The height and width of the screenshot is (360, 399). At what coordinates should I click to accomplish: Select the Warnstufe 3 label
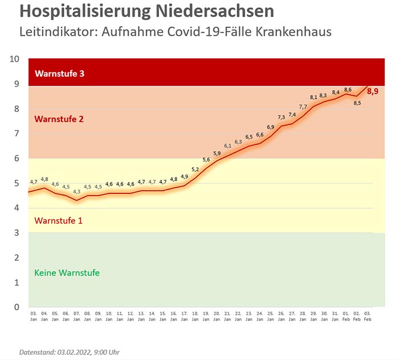tap(60, 74)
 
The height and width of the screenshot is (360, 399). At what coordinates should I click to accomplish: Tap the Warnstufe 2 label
tap(59, 119)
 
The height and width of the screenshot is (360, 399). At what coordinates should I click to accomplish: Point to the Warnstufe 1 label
tap(59, 220)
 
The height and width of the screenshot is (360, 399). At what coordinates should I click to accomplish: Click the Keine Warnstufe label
tap(67, 273)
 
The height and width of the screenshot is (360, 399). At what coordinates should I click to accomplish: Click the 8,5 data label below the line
tap(357, 103)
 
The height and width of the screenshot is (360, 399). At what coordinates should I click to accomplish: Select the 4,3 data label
tap(76, 192)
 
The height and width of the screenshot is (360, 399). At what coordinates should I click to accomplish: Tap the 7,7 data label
tap(303, 107)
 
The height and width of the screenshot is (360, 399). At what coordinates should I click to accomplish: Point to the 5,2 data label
tap(195, 169)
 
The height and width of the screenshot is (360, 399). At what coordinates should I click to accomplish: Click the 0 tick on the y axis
tap(17, 307)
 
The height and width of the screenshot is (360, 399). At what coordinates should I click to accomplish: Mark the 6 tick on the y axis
tap(17, 158)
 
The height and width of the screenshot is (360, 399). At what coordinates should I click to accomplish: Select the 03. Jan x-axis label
tap(33, 316)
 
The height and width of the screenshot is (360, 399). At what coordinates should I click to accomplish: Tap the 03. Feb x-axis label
tap(367, 316)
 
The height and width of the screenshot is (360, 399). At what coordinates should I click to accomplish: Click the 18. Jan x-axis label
tap(195, 316)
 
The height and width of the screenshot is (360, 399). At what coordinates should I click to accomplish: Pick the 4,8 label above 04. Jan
tap(44, 179)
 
